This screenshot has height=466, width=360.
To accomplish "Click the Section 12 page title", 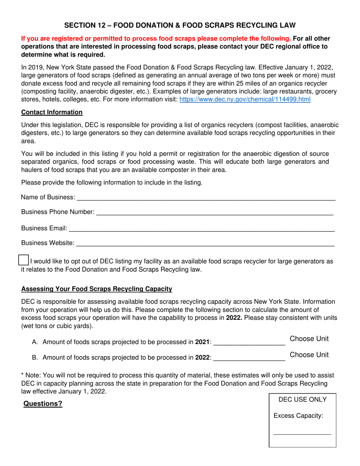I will click(x=180, y=25).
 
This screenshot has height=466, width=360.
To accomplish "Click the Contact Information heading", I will click(x=52, y=112).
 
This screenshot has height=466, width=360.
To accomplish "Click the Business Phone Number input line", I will click(x=215, y=213).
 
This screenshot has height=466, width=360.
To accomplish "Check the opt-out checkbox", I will click(x=23, y=260).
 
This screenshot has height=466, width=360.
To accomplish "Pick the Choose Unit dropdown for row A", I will click(x=309, y=339).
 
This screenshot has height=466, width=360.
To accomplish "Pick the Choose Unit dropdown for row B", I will click(x=309, y=355).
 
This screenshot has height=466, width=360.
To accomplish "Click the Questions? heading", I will click(x=43, y=404).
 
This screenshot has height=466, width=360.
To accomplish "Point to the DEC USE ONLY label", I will click(x=302, y=400).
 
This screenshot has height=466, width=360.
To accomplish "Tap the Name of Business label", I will click(x=48, y=197).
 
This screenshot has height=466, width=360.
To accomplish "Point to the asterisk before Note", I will click(x=22, y=375).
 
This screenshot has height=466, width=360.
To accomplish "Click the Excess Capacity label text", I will click(x=298, y=416).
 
